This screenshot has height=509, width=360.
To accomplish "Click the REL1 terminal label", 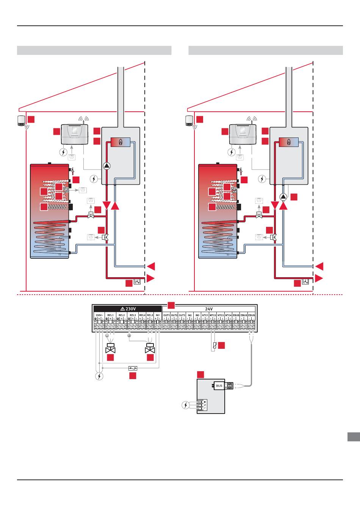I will [110, 315].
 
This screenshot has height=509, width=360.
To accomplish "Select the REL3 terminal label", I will [132, 315].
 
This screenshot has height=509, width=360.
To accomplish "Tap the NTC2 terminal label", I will [213, 315].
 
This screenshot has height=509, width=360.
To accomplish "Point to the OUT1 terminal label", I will [166, 315].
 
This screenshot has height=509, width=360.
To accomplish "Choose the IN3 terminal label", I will [197, 315].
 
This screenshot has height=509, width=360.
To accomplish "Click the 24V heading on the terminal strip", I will [209, 309].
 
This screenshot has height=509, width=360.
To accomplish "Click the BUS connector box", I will [219, 386].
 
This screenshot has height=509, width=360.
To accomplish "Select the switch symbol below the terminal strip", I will [133, 368].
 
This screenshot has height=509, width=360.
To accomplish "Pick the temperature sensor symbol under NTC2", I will [214, 345].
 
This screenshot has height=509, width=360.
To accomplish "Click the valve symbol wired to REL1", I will [111, 348].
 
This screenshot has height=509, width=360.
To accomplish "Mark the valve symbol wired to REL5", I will [150, 348].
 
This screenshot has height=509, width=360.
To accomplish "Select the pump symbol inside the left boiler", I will [107, 166].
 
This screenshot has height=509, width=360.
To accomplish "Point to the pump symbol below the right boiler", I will [283, 197].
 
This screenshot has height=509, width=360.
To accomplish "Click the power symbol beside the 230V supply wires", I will [99, 376].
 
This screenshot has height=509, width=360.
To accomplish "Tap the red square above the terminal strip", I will [171, 305].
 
